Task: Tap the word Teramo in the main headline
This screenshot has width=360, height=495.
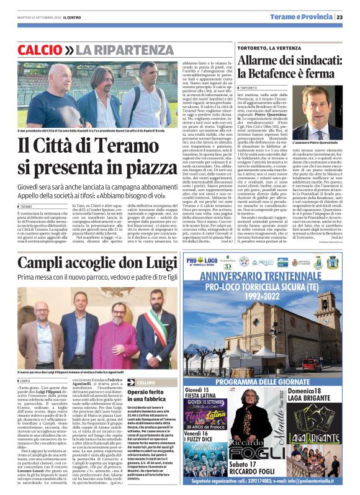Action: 128,147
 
